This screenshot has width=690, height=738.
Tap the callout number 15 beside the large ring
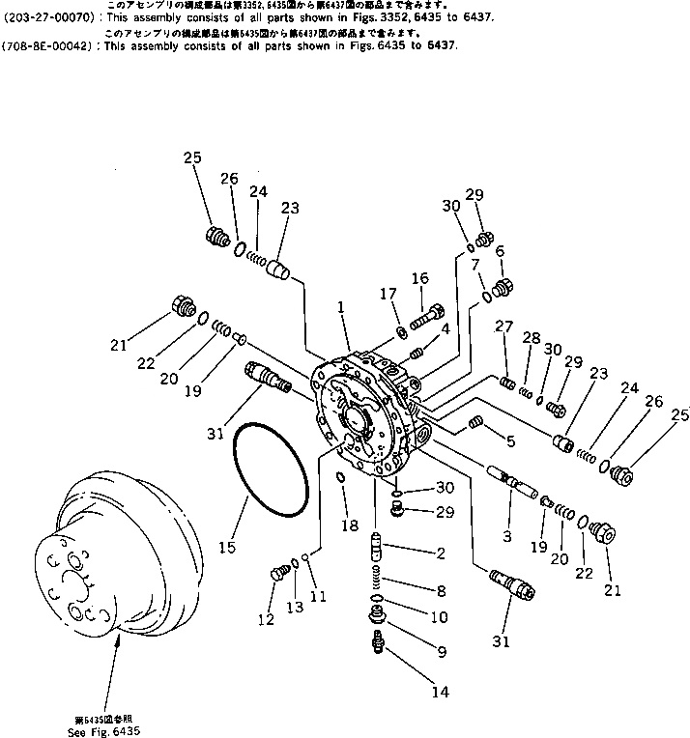click(226, 548)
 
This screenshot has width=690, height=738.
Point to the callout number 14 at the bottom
click(440, 691)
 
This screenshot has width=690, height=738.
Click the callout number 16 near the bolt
click(419, 278)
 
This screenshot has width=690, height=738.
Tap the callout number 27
click(504, 327)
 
